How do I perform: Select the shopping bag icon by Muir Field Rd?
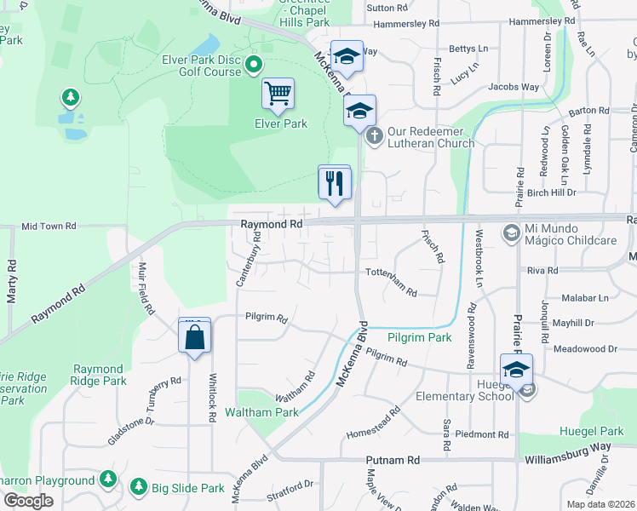point(195,336)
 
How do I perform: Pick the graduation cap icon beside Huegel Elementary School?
point(516,370)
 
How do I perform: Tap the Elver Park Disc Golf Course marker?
point(253,65)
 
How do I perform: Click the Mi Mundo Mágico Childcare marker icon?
point(510,233)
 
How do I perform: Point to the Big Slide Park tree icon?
point(138,487)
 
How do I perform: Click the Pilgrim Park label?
point(420,338)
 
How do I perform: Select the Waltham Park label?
point(261,412)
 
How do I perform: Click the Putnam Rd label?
point(393,460)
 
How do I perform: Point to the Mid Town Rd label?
point(49,227)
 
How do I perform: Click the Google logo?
point(28,501)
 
